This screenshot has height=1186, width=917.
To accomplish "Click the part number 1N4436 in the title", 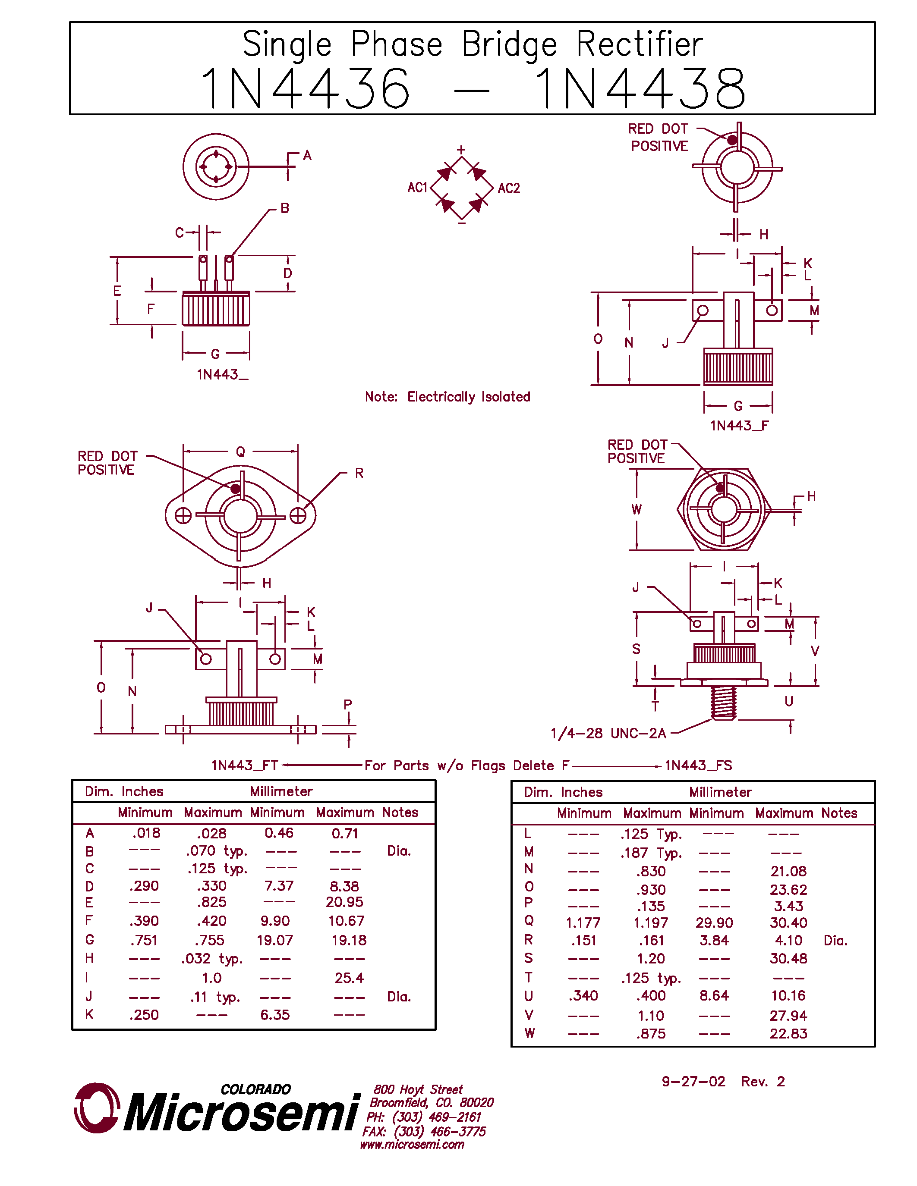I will [305, 88].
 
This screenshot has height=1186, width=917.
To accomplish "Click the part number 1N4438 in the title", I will [640, 88].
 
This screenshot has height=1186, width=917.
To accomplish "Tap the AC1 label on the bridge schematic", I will [417, 188].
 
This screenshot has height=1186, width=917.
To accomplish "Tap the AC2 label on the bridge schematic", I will [508, 188].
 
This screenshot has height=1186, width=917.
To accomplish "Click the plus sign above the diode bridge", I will [461, 149].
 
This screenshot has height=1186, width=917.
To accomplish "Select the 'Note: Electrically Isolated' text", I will [447, 397].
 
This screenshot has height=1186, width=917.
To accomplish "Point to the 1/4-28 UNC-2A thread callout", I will [608, 734].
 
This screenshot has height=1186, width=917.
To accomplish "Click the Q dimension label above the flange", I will [240, 452].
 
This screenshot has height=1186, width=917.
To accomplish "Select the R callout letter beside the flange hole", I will [359, 474].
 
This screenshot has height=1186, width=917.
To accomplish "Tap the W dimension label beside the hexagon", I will [636, 509].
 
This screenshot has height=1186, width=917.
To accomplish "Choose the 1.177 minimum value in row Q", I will [583, 922].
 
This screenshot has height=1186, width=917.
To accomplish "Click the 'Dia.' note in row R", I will [835, 941].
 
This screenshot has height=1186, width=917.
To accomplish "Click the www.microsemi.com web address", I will [412, 1145].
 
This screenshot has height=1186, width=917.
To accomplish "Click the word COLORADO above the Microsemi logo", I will [255, 1089].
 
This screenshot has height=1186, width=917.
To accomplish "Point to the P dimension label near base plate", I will [348, 704].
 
